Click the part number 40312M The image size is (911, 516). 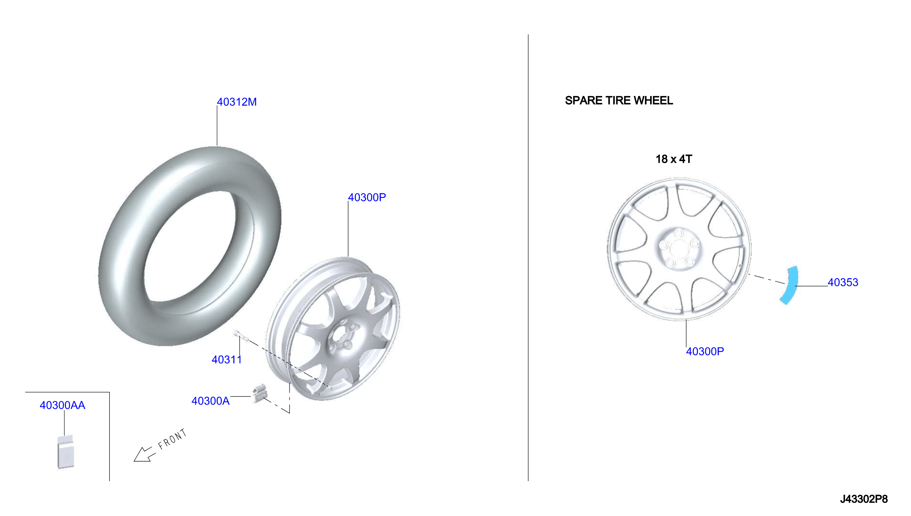point(237,102)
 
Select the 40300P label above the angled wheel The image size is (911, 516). point(367,197)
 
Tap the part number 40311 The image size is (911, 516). point(226,360)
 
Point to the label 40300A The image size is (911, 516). point(210,401)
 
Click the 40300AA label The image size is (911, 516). point(62,405)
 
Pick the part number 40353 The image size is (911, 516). point(842,282)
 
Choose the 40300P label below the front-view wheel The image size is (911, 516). point(705,352)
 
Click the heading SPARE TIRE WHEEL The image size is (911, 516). point(618,100)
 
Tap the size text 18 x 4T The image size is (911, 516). point(673,159)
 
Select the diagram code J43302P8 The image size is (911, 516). point(863,499)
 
